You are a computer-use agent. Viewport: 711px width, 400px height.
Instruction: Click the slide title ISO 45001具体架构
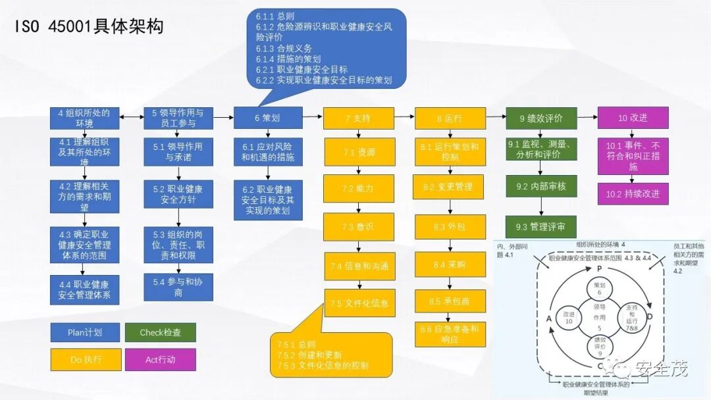point(88,27)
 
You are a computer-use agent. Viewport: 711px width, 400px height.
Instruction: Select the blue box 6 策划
point(268,118)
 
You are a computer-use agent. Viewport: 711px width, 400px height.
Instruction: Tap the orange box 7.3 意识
point(359,226)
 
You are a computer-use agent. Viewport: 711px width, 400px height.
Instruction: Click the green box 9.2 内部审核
point(541,187)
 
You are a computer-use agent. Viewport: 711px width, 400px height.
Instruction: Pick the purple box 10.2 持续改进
point(633,194)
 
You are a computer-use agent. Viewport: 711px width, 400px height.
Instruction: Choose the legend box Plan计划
point(85,332)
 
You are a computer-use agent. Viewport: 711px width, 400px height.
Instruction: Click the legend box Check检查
point(161,332)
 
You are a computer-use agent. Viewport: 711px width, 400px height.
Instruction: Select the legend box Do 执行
point(85,360)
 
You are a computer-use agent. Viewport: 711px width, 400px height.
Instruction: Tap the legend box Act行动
point(161,360)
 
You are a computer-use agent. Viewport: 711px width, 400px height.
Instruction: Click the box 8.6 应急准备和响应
point(450,334)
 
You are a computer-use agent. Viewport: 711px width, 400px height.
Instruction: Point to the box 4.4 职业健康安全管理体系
point(85,290)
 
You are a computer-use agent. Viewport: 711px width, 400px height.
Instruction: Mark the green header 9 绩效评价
point(541,118)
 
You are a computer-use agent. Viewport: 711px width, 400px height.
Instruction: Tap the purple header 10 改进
point(633,118)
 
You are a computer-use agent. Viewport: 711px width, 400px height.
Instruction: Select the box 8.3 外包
point(450,226)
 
